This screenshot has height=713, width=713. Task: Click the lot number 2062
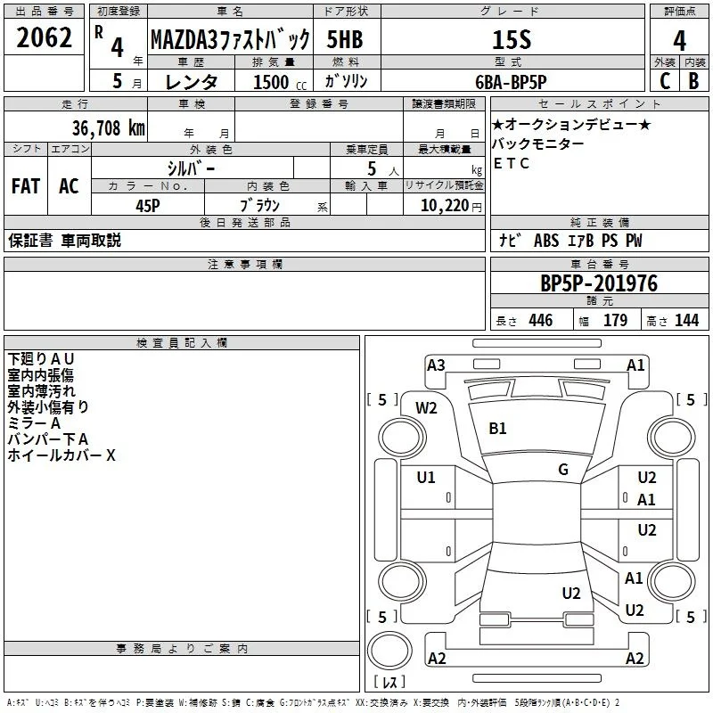(x=44, y=37)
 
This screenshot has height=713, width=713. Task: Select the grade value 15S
(x=512, y=39)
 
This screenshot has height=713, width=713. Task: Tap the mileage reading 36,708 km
(x=108, y=127)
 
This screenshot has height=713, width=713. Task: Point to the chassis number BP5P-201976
(x=599, y=283)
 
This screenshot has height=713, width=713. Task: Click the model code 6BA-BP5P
(x=511, y=82)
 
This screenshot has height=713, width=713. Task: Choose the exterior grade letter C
(x=664, y=81)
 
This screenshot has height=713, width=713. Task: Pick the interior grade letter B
(x=693, y=81)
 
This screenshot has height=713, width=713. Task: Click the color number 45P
(x=148, y=206)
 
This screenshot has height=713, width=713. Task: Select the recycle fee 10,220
(x=444, y=205)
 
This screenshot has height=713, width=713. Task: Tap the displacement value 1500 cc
(x=280, y=82)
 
